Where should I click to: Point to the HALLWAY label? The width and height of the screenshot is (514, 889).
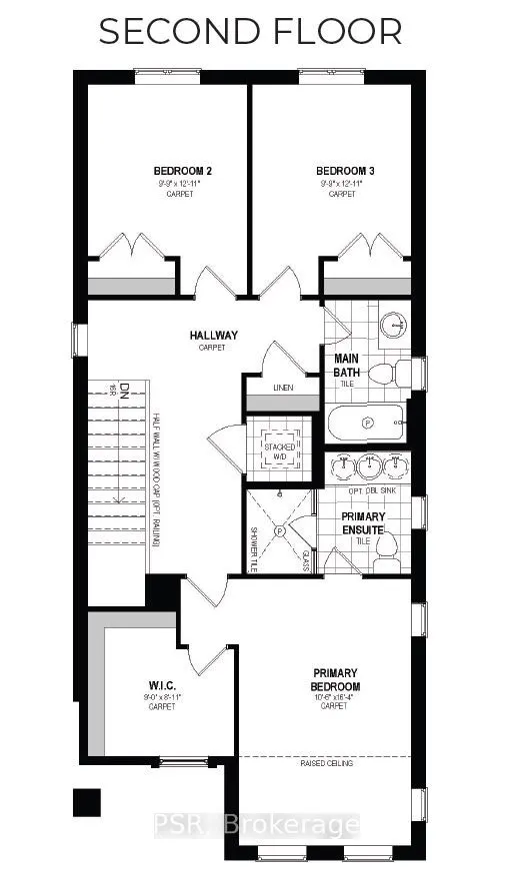click(x=211, y=336)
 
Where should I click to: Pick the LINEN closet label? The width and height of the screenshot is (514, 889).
click(x=283, y=388)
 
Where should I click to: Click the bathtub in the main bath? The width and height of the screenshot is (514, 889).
click(x=366, y=424)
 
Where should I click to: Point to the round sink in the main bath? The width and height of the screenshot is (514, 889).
click(x=396, y=324)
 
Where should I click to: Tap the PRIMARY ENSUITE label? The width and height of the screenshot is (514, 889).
click(x=363, y=522)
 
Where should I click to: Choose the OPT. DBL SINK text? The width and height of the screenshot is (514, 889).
click(x=371, y=492)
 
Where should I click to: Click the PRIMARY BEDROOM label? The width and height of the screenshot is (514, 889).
click(x=335, y=679)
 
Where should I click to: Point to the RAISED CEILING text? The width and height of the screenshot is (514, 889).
click(x=328, y=764)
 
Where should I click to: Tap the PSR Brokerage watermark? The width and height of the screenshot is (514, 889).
click(x=256, y=825)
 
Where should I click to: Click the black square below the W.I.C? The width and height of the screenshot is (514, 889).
click(x=88, y=802)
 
